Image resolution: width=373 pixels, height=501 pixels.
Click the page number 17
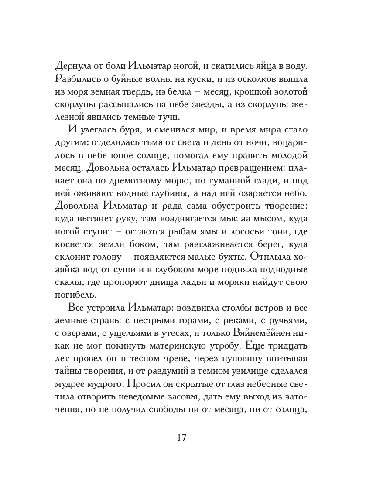point(181,437)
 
